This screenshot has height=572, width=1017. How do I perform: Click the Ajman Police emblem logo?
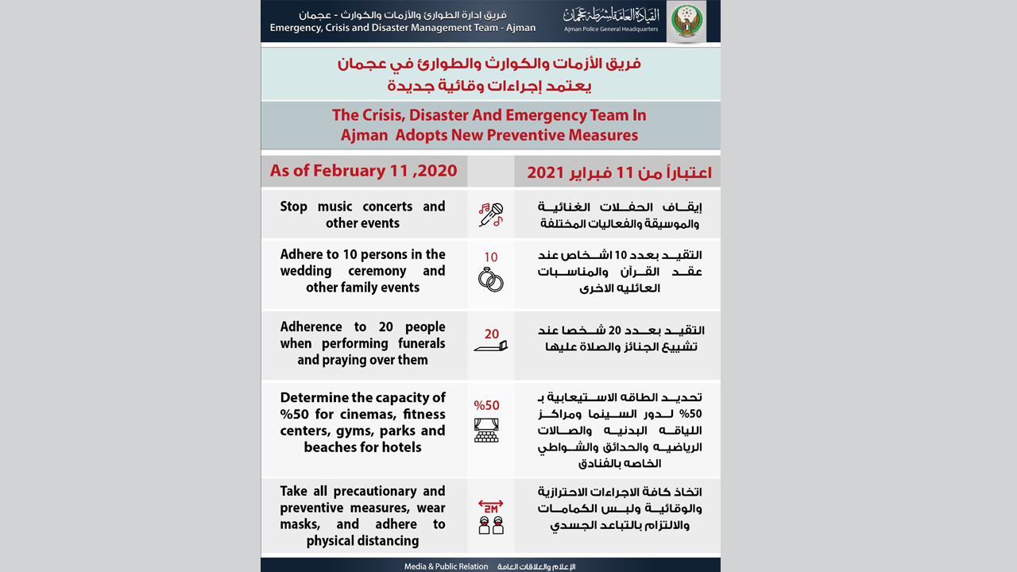(686, 21)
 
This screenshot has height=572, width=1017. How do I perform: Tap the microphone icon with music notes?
(490, 214)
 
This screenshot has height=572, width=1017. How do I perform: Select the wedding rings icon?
(490, 279)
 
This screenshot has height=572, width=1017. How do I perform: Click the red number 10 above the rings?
(490, 257)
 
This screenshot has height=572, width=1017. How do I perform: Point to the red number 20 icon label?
(492, 334)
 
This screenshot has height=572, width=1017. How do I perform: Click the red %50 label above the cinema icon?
(486, 405)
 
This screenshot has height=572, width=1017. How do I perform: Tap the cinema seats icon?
(486, 430)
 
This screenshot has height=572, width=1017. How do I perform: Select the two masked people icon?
(490, 525)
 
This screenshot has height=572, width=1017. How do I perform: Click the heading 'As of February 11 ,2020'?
(363, 170)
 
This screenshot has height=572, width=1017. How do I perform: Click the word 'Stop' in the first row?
(293, 207)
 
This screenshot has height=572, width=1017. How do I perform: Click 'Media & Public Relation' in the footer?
(446, 566)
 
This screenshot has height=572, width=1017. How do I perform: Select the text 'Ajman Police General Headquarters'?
(611, 29)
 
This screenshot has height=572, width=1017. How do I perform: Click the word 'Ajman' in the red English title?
(363, 135)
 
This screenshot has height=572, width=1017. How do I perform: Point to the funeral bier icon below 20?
(490, 347)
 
